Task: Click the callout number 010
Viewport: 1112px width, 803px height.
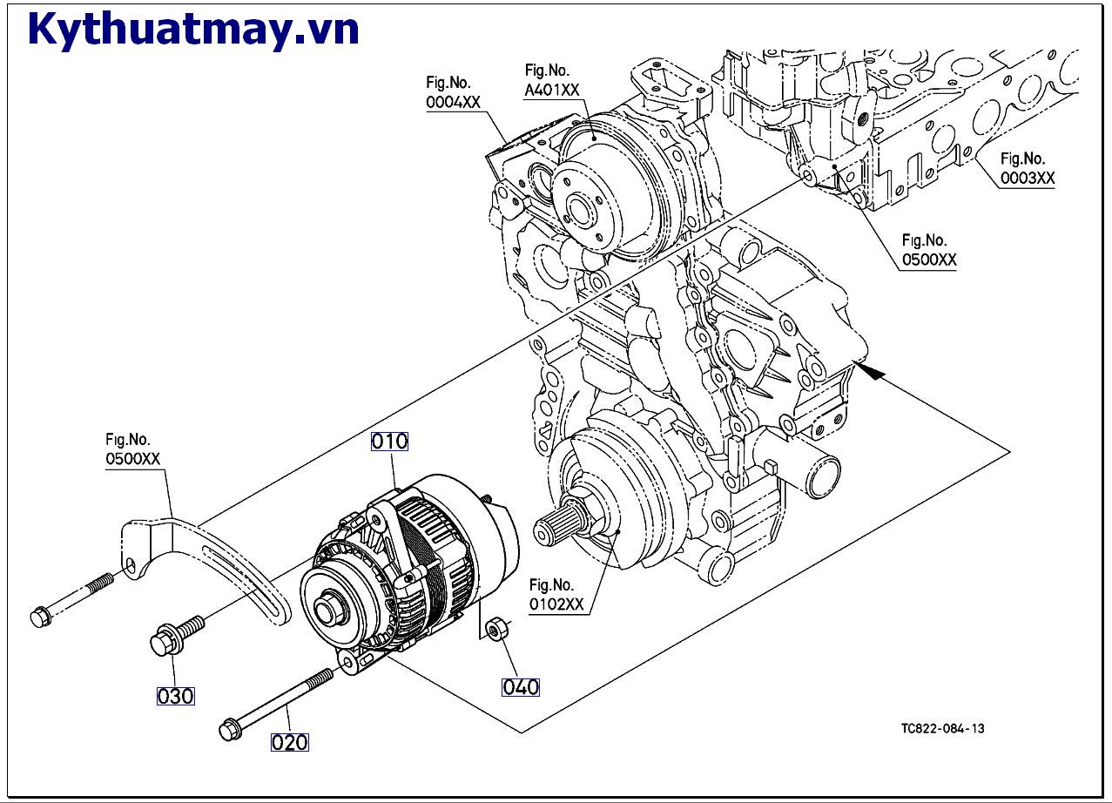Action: [390, 441]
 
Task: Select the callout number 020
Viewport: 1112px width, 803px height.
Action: [289, 742]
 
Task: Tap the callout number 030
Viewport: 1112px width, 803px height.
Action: [175, 696]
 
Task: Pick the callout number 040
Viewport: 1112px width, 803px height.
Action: [520, 687]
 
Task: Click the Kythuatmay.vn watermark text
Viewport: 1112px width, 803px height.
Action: [193, 29]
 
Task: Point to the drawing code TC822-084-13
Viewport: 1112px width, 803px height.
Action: [943, 728]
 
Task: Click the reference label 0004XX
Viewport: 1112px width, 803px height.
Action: [453, 102]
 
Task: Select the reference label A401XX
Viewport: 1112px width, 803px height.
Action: [552, 90]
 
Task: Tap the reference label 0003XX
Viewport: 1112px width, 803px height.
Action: [1028, 178]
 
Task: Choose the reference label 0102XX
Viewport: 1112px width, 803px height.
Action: [556, 604]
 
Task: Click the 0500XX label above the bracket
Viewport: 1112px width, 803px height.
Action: [133, 458]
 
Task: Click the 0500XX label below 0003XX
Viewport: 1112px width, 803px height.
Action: [929, 260]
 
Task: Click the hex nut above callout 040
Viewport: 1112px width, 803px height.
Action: [496, 630]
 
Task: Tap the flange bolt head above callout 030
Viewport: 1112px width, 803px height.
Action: [165, 642]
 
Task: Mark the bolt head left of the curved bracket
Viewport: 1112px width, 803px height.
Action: [41, 617]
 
